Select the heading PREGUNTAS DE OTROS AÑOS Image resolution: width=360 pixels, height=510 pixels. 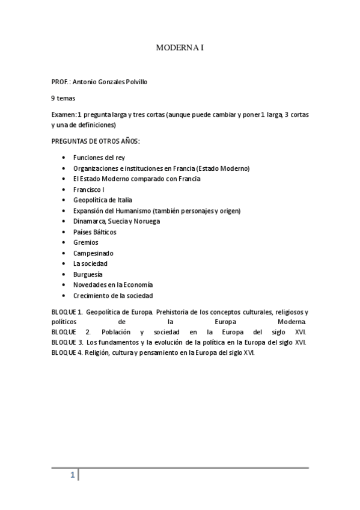pos(96,141)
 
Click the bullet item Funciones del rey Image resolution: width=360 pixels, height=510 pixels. pos(99,158)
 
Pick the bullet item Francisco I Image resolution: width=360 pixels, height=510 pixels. pos(88,189)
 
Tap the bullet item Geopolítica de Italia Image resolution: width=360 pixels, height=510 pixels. pos(103,200)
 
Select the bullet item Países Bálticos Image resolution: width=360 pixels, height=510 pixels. pos(95,232)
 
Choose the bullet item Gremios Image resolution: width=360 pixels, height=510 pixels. pos(86,242)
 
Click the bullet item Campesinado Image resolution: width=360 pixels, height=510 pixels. pos(93,253)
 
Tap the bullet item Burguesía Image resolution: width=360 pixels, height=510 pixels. pos(88,274)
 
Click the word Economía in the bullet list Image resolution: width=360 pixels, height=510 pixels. pos(138,284)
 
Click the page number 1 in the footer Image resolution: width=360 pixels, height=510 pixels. pos(73,476)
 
